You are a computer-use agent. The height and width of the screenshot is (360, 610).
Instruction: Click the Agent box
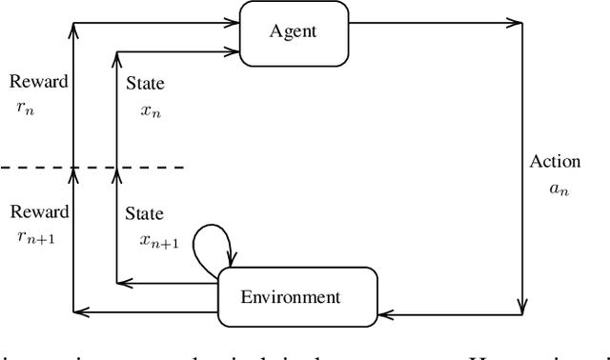pyautogui.click(x=292, y=32)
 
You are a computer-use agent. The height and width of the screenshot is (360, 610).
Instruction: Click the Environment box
pyautogui.click(x=291, y=296)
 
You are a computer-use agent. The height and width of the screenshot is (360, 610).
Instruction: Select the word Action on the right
pyautogui.click(x=555, y=161)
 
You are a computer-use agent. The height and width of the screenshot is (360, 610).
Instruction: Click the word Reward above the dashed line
pyautogui.click(x=37, y=82)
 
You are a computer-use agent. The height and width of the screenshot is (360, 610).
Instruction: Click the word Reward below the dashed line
pyautogui.click(x=37, y=211)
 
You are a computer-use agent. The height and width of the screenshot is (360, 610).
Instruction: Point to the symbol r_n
pyautogui.click(x=26, y=108)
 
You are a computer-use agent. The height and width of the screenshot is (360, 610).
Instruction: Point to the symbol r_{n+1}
pyautogui.click(x=35, y=238)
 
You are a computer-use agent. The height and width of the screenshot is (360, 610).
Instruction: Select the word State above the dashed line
pyautogui.click(x=145, y=84)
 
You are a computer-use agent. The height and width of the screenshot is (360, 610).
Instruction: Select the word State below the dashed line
pyautogui.click(x=145, y=213)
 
